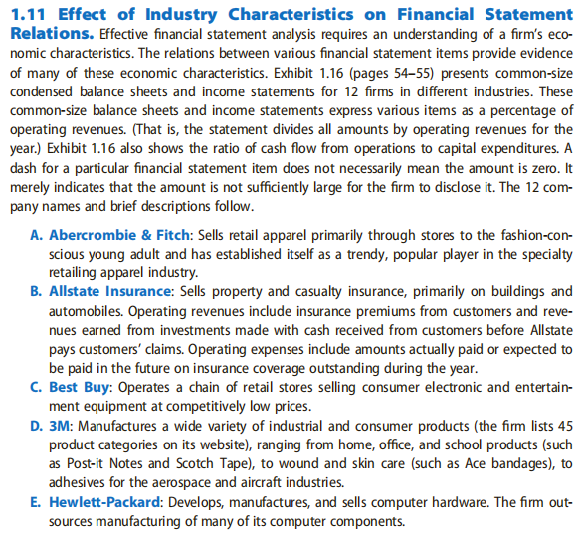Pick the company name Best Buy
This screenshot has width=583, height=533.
(81, 386)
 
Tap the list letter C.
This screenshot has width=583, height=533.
(38, 386)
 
